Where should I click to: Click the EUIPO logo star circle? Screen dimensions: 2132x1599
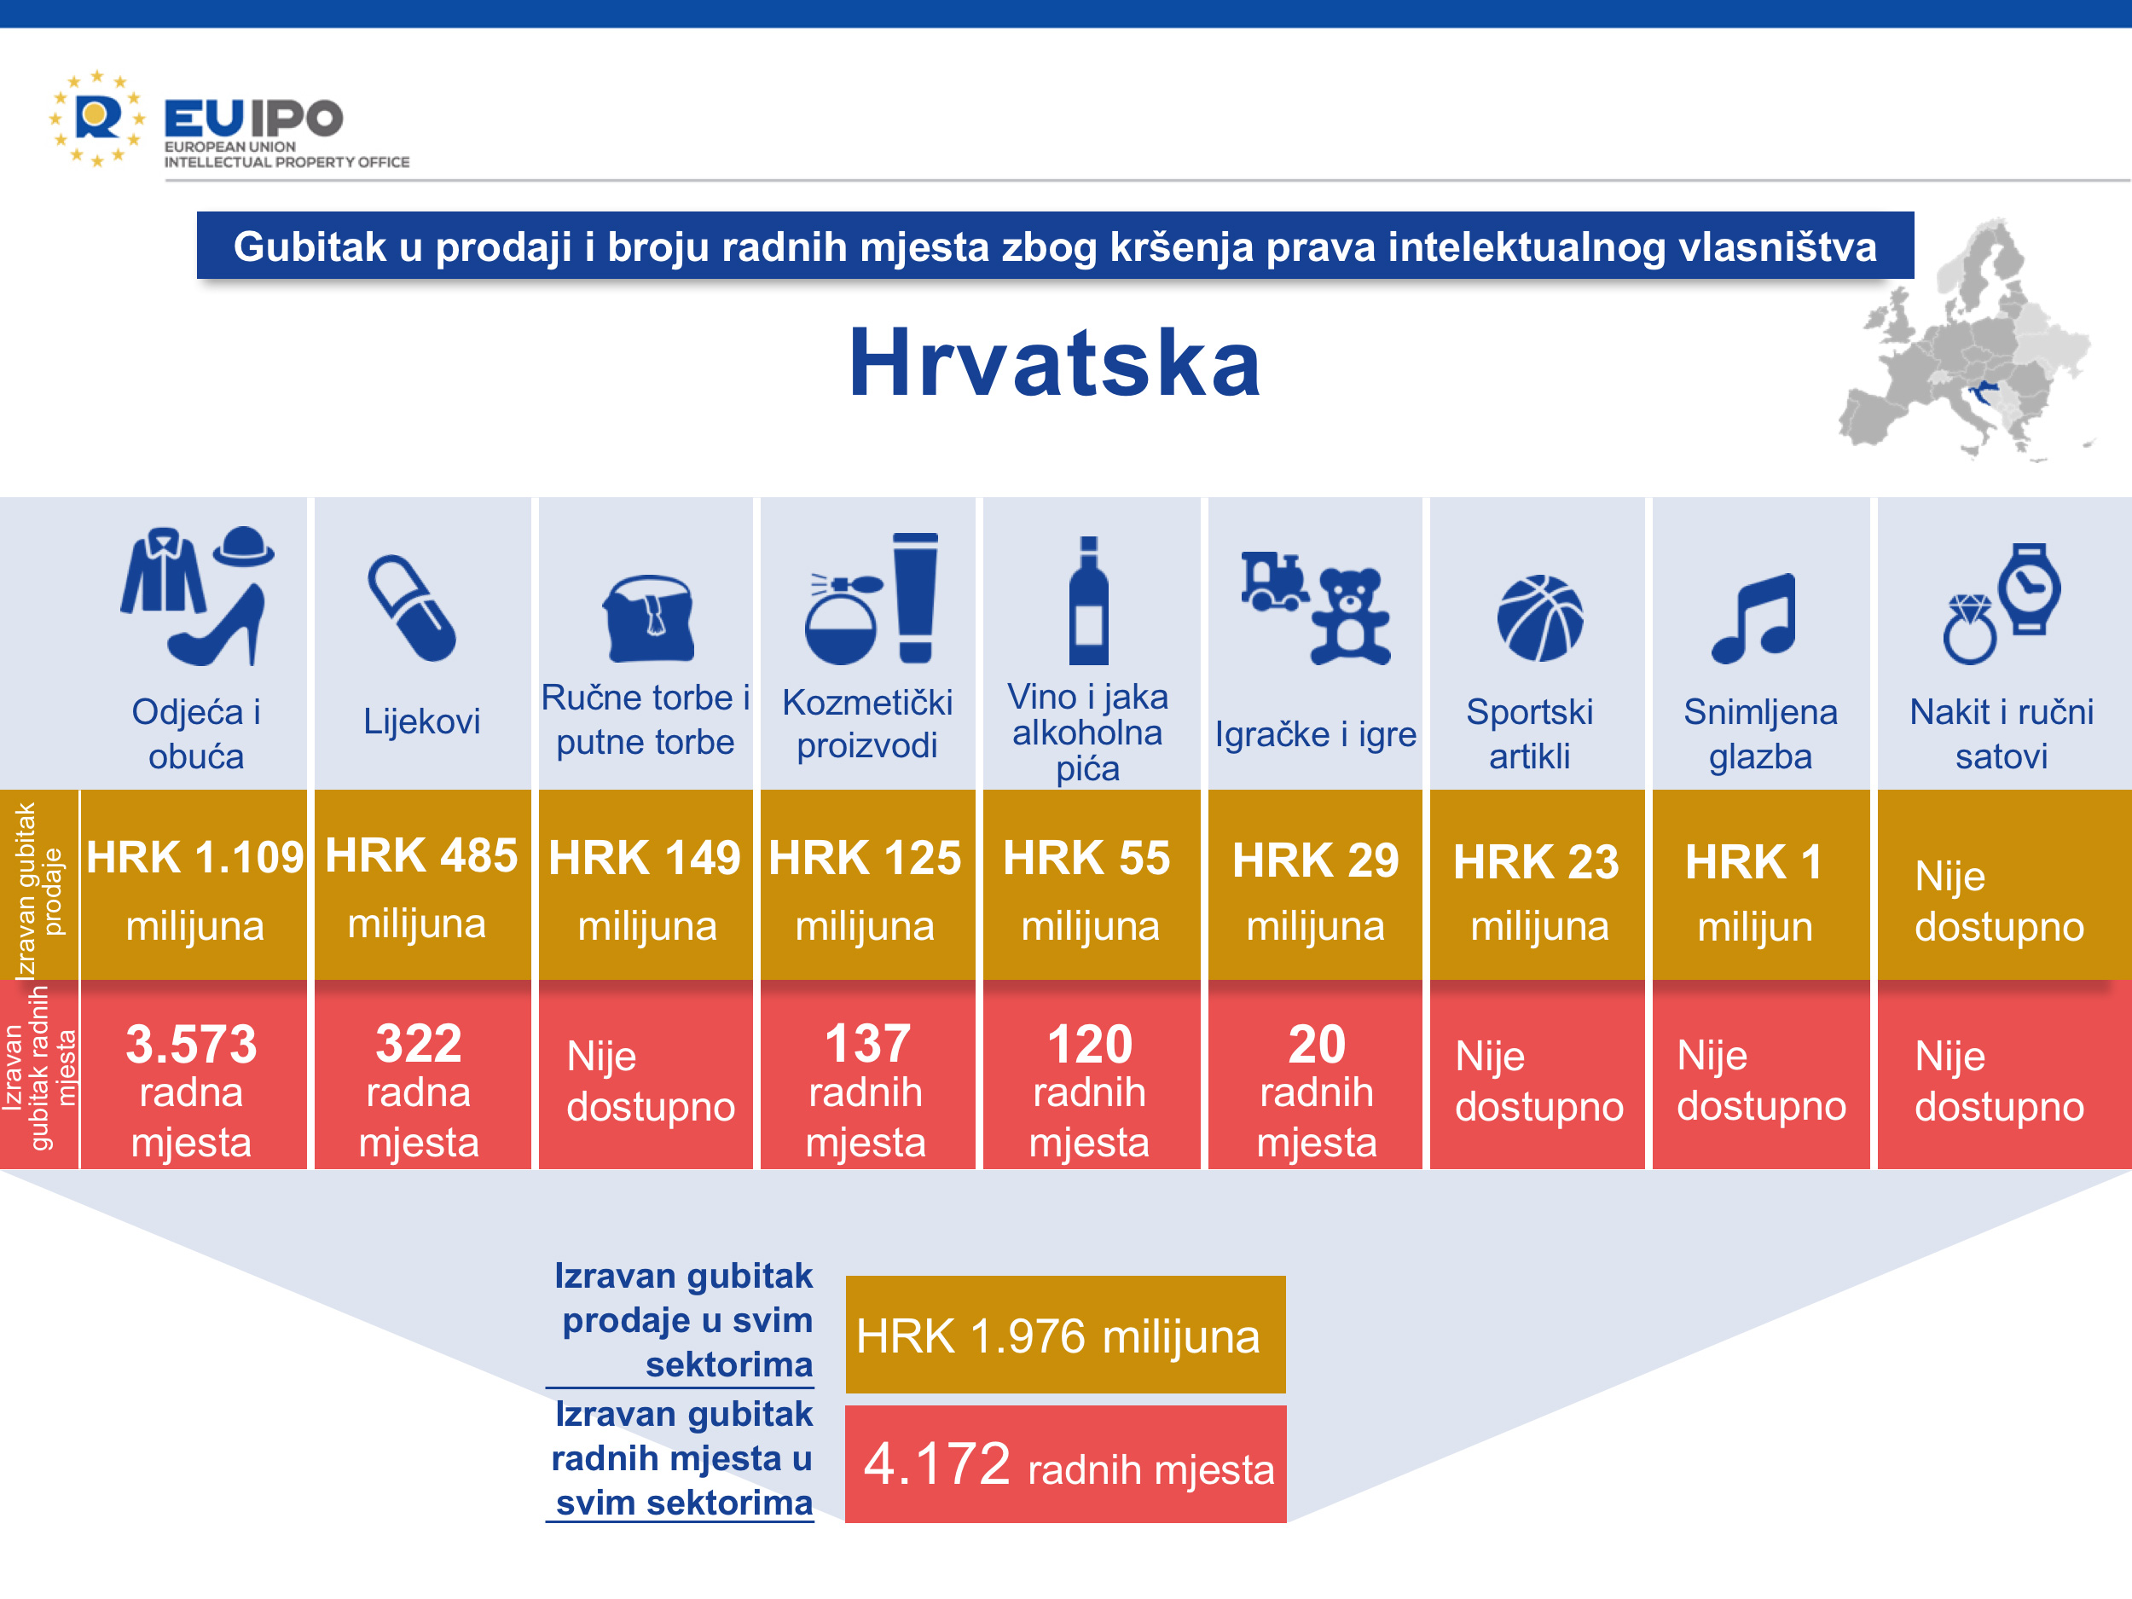tap(96, 119)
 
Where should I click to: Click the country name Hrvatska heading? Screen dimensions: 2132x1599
tap(1056, 362)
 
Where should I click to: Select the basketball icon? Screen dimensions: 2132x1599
tap(1539, 617)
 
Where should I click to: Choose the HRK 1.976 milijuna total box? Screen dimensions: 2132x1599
tap(1066, 1335)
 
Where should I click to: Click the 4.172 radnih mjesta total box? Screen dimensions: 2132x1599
tap(1066, 1464)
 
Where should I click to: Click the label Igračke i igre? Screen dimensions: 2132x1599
tap(1316, 734)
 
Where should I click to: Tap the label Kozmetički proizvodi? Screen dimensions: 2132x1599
tap(867, 723)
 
